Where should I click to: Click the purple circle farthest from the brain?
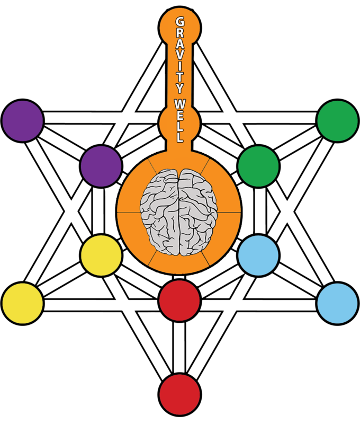click(22, 120)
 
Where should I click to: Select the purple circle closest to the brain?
click(101, 166)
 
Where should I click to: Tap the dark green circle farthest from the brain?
click(337, 120)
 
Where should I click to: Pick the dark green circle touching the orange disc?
click(258, 166)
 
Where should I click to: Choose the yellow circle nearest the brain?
click(101, 255)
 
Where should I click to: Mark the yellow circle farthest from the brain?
click(22, 304)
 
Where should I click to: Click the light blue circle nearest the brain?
click(258, 255)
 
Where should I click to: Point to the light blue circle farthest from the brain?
click(337, 304)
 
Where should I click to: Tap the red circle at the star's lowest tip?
click(179, 394)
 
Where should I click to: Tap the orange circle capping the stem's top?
click(179, 24)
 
